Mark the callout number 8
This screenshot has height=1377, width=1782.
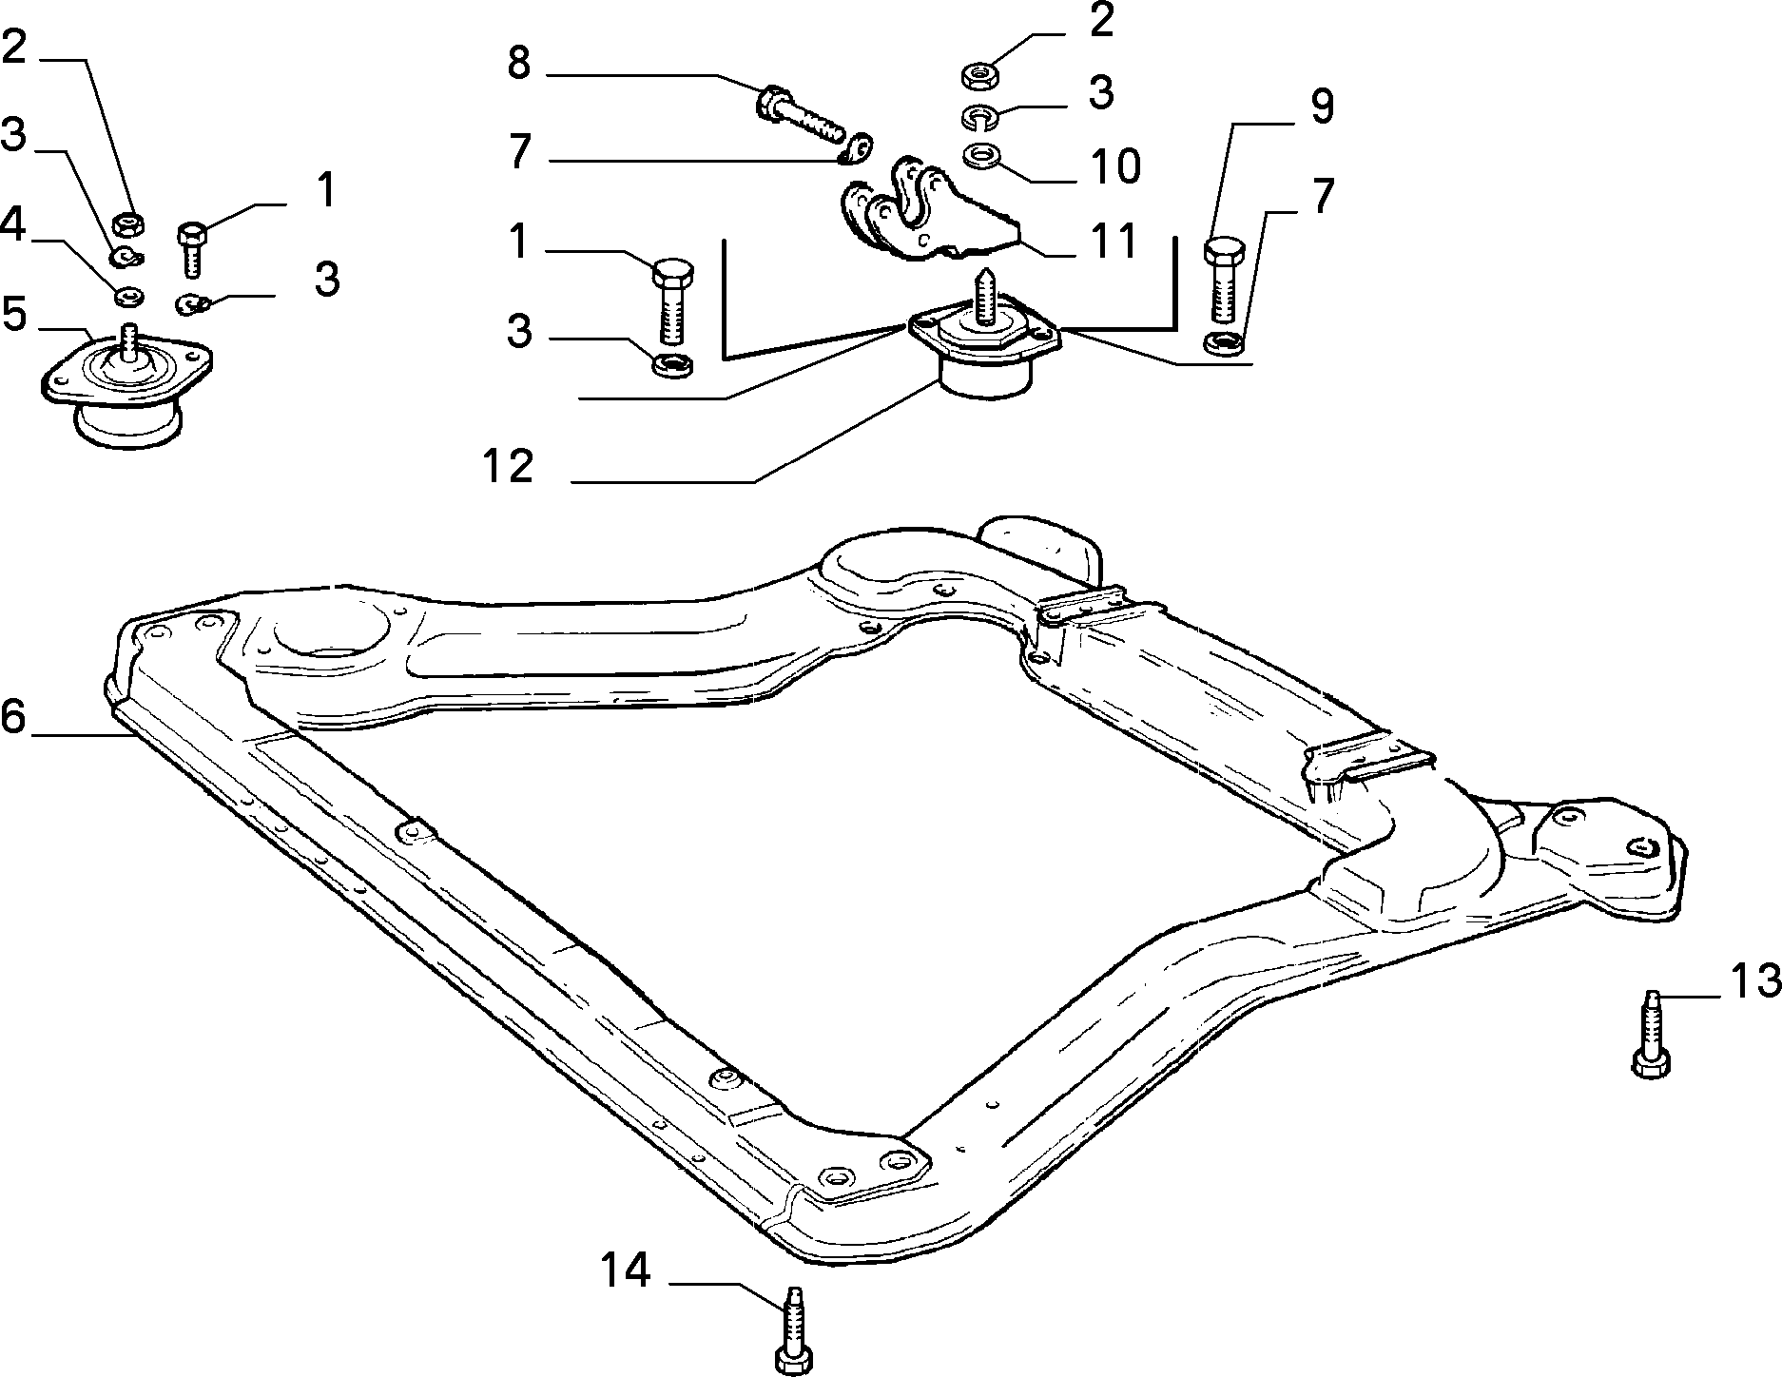(518, 65)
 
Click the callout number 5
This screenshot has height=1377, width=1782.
(13, 315)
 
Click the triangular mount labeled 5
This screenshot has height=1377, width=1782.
(126, 385)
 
